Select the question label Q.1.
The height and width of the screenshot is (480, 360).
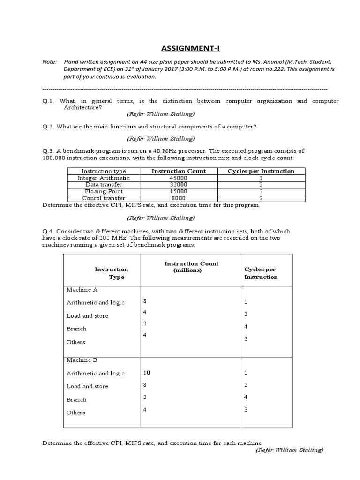coord(49,101)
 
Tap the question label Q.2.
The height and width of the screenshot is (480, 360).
coord(49,127)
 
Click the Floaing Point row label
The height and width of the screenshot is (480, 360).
coord(104,191)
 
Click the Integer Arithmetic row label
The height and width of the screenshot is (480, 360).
coord(104,178)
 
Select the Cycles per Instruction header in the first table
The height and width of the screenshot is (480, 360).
coord(261,171)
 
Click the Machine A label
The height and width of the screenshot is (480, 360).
coord(82,290)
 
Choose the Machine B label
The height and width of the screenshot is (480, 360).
coord(82,360)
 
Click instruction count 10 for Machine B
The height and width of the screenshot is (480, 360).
coord(147,373)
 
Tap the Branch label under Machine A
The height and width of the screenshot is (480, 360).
coord(76,329)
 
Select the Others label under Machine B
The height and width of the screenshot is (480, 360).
coord(76,412)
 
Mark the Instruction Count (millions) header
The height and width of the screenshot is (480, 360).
coord(191,267)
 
